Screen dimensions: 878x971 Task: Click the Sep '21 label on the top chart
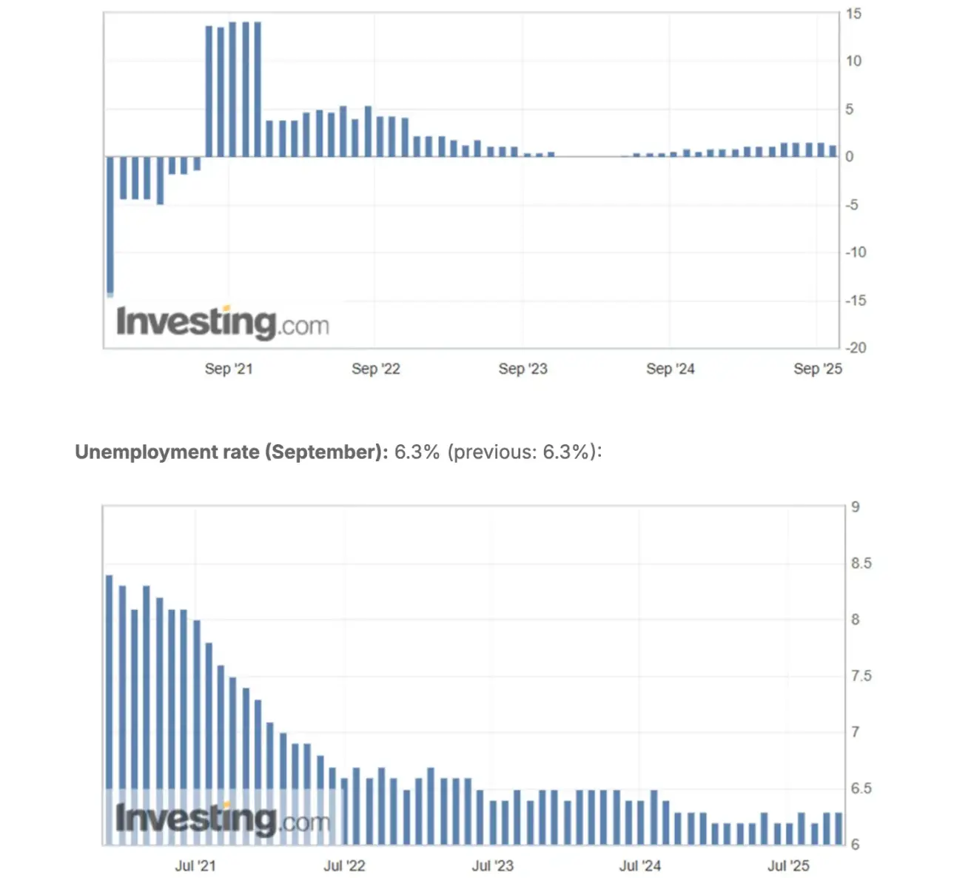point(228,369)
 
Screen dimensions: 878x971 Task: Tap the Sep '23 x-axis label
point(523,369)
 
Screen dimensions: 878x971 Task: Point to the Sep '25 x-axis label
point(817,369)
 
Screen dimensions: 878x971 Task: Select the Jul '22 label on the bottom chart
point(344,865)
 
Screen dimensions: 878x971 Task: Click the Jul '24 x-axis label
point(639,865)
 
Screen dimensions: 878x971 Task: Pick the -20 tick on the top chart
point(856,348)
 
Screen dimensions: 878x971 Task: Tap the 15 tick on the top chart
point(853,14)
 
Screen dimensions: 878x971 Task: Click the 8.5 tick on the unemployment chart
point(861,563)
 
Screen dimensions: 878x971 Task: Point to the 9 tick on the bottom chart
point(856,507)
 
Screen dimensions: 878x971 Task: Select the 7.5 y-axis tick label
point(861,676)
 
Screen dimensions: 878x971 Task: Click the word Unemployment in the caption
point(130,452)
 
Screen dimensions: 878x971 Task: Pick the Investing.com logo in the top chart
point(222,323)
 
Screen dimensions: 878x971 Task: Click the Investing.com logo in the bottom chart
point(222,819)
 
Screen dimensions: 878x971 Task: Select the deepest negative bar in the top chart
point(110,226)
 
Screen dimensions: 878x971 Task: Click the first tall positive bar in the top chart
point(209,92)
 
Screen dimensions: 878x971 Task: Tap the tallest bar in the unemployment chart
point(110,709)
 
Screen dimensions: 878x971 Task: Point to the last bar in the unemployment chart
point(839,828)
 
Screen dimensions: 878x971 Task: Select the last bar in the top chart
point(833,151)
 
